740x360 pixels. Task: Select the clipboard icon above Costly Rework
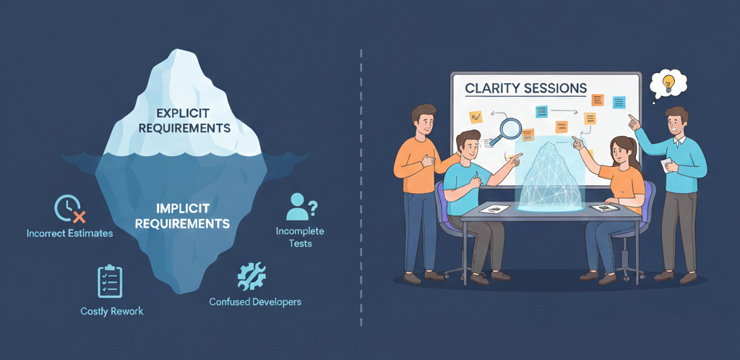pos(110,281)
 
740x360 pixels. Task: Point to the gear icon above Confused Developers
pos(251,275)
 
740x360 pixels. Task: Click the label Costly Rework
pos(111,311)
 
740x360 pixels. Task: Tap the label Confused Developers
pos(255,301)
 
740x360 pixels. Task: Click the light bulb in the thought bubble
pos(668,82)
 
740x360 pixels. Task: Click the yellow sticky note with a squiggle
pos(476,116)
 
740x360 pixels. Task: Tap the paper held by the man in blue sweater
pos(667,166)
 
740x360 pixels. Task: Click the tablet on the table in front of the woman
pos(603,208)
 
